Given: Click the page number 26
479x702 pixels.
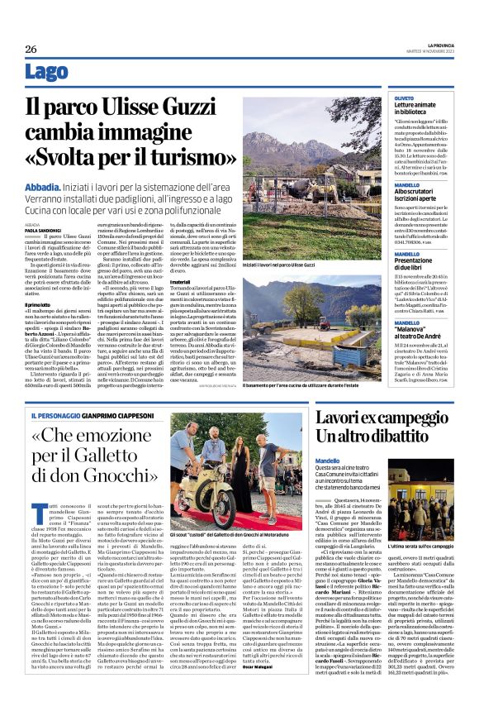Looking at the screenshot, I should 31,49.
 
